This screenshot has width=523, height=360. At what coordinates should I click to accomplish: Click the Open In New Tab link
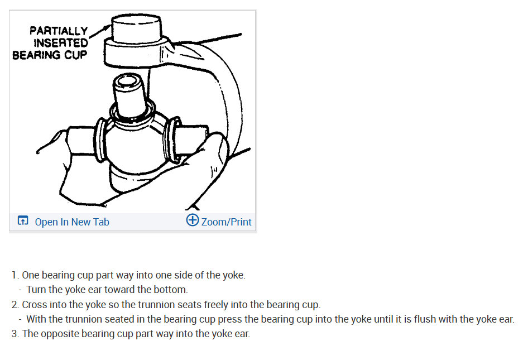coord(71,222)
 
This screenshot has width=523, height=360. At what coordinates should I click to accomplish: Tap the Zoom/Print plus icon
coord(192,220)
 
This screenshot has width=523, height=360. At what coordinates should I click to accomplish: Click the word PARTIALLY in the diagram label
coord(59,31)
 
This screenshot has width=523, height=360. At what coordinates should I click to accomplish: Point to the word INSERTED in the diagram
coord(60,43)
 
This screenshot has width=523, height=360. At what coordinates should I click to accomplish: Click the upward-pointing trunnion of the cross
coord(129,92)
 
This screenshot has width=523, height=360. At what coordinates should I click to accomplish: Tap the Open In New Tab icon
coord(23,221)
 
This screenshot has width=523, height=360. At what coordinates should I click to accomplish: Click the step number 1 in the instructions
coord(15,275)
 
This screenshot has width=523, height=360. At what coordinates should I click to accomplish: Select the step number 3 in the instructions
coord(15,334)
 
